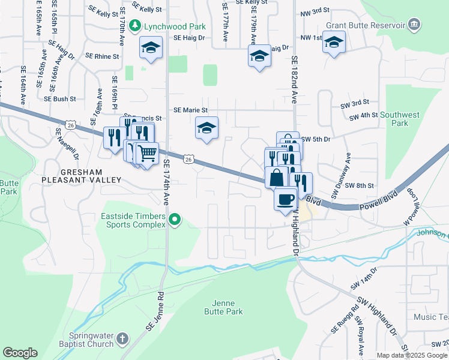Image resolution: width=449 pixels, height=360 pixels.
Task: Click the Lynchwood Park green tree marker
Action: click(136, 26)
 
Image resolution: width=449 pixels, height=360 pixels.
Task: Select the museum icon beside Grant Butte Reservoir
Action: click(414, 25)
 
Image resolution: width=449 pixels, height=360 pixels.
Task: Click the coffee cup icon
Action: click(285, 198)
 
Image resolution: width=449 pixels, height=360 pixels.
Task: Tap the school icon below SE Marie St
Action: click(206, 128)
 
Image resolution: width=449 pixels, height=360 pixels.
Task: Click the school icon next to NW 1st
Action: click(334, 42)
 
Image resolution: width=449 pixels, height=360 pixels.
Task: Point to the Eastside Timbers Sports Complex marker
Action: click(175, 220)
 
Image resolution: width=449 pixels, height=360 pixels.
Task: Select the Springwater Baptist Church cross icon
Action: click(122, 339)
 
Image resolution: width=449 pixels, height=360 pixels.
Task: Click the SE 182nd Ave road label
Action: click(295, 80)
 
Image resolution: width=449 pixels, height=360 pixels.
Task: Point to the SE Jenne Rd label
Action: click(154, 313)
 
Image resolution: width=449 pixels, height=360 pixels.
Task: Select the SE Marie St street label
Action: click(190, 110)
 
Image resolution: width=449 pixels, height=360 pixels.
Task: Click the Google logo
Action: click(20, 353)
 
